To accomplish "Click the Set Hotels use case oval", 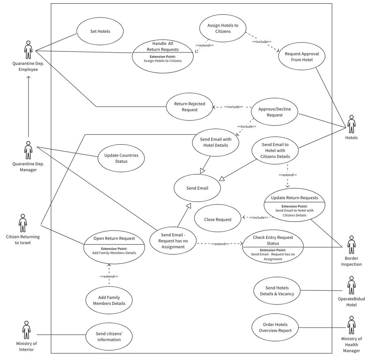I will (100, 31).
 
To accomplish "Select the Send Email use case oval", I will (197, 188).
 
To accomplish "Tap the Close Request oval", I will (218, 219).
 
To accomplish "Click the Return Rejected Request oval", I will (189, 107).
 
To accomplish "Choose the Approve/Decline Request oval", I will (274, 112).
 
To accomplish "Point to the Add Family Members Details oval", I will (109, 300).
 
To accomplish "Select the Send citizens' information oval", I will (108, 337).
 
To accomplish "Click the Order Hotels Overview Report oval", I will (276, 327).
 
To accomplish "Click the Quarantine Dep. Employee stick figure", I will (28, 50).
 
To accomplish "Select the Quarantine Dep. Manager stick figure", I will (28, 151).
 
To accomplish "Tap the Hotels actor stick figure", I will (351, 124).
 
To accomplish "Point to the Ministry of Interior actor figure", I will (27, 330).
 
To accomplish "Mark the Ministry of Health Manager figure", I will (351, 325).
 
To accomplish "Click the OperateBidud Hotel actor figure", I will (351, 285).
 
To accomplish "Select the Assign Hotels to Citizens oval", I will (223, 28).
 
